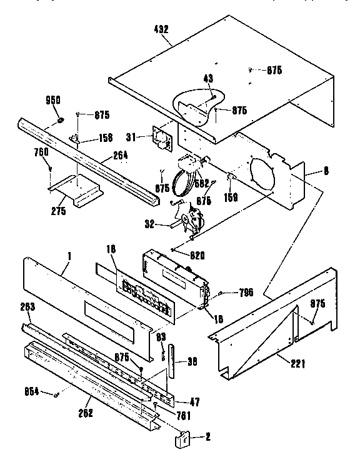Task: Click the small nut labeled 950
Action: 60,119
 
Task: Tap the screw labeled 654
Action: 56,393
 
